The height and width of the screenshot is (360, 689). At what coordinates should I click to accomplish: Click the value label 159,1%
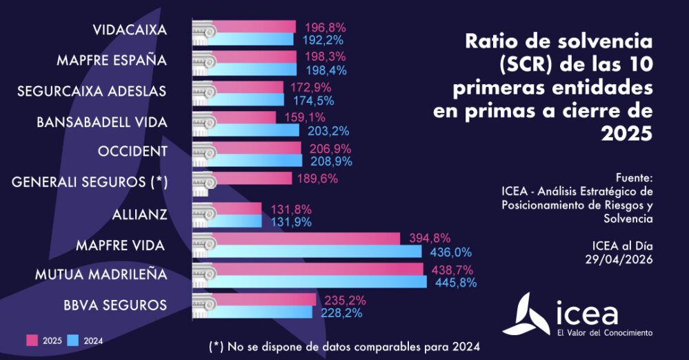point(304,117)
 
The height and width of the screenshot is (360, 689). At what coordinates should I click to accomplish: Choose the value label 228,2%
point(341,313)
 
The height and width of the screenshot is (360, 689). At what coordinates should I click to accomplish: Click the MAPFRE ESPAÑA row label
point(112,60)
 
